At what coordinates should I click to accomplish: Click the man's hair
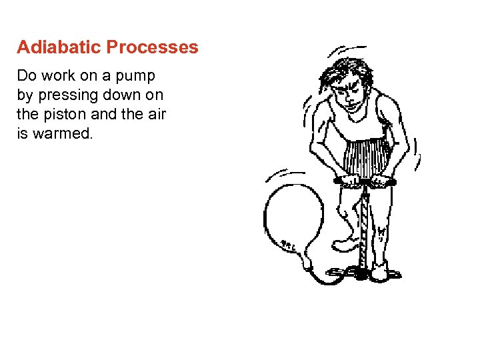click(350, 70)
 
